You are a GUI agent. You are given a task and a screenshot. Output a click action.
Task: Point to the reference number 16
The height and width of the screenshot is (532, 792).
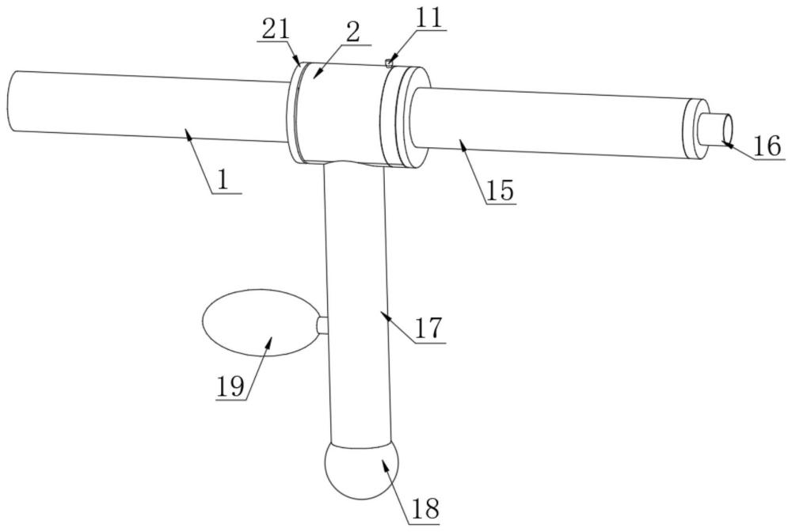pyautogui.click(x=767, y=146)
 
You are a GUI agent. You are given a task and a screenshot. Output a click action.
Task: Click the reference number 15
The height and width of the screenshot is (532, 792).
pyautogui.click(x=501, y=191)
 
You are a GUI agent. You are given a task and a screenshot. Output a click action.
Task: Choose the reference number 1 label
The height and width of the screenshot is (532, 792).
pyautogui.click(x=224, y=180)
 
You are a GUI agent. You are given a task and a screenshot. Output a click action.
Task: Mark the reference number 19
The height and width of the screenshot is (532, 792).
pyautogui.click(x=230, y=387)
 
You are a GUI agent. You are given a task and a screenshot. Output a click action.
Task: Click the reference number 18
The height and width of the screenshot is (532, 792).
pyautogui.click(x=425, y=508)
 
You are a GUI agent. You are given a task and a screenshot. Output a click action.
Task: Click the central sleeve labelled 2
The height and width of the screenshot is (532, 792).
pyautogui.click(x=341, y=111)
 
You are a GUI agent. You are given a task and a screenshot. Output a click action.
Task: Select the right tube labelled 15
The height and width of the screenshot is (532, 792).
pyautogui.click(x=546, y=123)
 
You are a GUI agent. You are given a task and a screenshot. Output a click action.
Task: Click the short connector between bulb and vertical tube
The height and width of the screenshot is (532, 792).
pyautogui.click(x=321, y=325)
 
